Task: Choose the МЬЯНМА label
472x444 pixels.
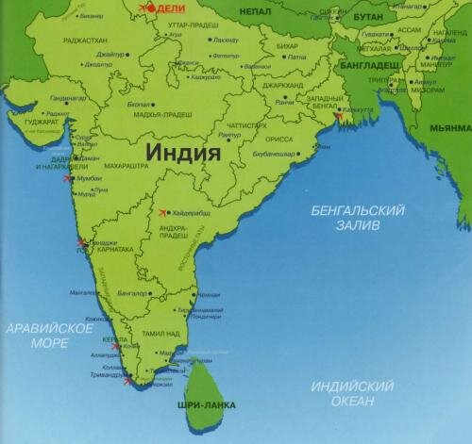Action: pyautogui.click(x=449, y=126)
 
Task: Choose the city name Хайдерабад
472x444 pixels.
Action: pyautogui.click(x=194, y=213)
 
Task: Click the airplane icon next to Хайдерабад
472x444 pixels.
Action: pyautogui.click(x=165, y=210)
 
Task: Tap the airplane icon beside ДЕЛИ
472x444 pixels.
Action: pyautogui.click(x=147, y=8)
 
